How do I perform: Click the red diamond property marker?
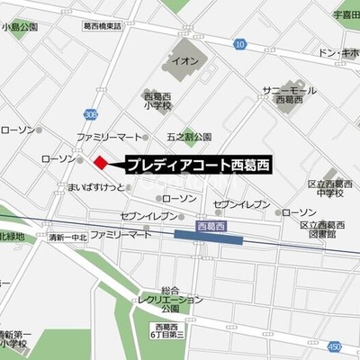tap(101, 162)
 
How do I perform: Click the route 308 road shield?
tap(91, 115)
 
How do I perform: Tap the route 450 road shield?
tap(336, 346)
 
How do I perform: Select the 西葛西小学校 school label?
tap(158, 99)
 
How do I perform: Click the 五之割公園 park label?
tap(189, 138)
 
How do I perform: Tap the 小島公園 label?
tap(20, 28)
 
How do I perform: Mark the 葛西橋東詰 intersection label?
tap(114, 28)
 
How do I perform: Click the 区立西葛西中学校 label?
tap(329, 187)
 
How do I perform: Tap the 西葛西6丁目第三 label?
tap(169, 330)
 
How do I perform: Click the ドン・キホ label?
tap(340, 53)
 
